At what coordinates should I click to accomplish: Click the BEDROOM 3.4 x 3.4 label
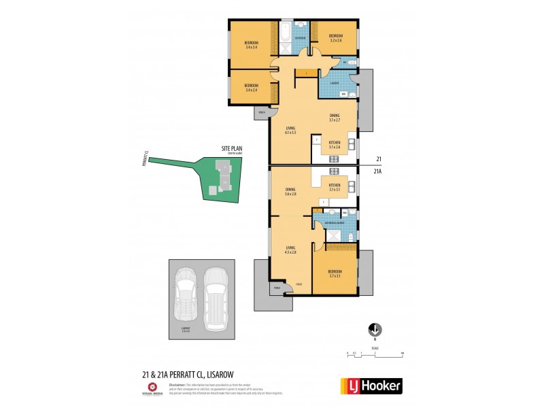click(251, 46)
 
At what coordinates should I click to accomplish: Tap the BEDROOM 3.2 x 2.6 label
click(335, 38)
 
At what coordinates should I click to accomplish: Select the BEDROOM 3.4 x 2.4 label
click(251, 88)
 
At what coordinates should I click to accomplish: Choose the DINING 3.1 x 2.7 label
click(334, 118)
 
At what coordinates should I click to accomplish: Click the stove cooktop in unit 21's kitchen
click(334, 158)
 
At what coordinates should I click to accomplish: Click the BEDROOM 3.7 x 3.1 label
click(334, 273)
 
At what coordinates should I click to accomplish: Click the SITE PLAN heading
click(232, 149)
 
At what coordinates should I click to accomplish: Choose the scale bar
click(375, 354)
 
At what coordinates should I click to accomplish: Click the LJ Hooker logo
click(371, 386)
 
